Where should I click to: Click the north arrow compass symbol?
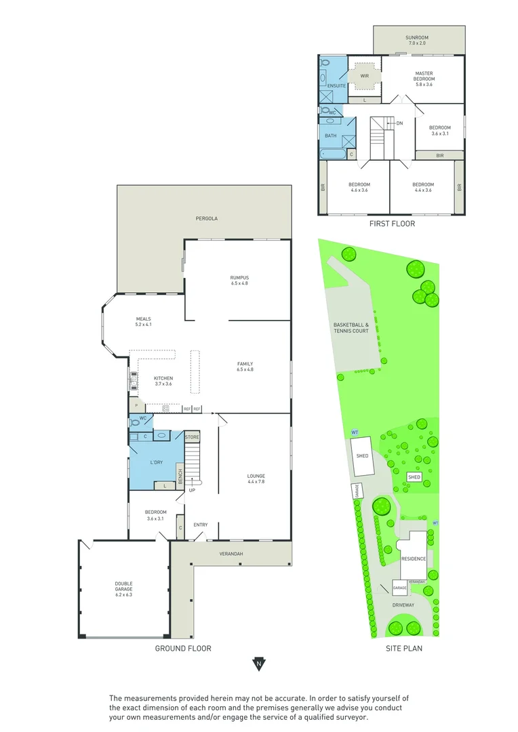258,664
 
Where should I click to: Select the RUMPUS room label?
239,280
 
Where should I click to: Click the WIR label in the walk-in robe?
364,76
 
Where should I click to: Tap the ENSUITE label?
337,86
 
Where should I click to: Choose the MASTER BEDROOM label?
424,76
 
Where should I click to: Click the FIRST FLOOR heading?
392,223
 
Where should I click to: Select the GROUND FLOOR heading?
183,649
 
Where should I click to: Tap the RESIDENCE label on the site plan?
414,559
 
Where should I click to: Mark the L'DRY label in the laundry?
156,463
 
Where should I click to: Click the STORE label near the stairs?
193,437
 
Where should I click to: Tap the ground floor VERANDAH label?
231,554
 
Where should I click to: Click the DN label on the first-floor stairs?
399,123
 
